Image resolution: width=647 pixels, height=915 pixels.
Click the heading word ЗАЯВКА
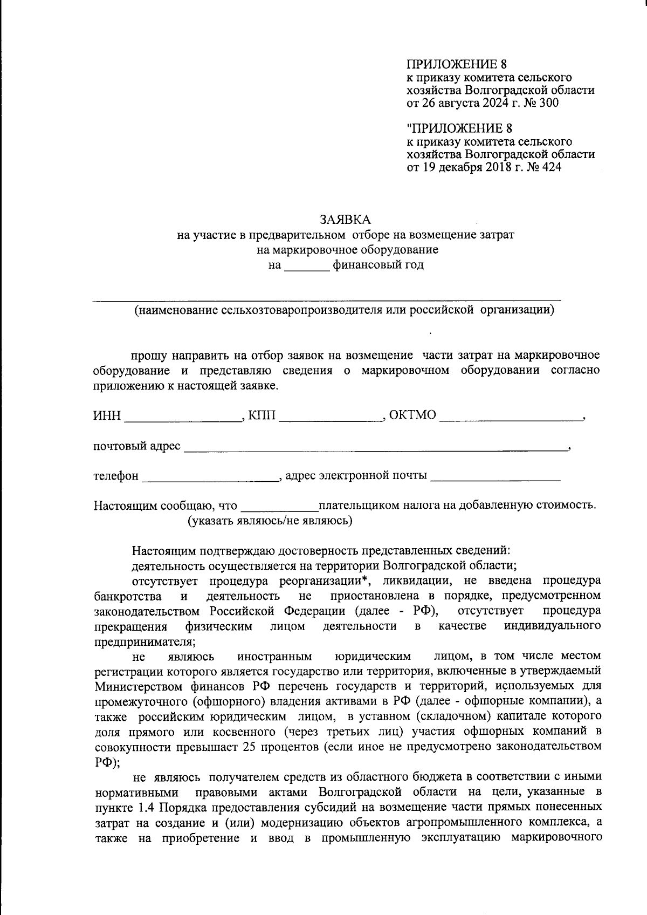[x=345, y=220]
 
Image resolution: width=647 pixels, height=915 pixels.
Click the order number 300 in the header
[x=548, y=103]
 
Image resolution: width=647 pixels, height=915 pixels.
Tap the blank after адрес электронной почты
[x=495, y=477]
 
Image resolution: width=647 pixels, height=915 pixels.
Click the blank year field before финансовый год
[x=306, y=266]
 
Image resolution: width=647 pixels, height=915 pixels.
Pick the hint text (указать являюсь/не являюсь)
[x=270, y=521]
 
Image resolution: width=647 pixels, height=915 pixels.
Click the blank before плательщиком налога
[x=279, y=507]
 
